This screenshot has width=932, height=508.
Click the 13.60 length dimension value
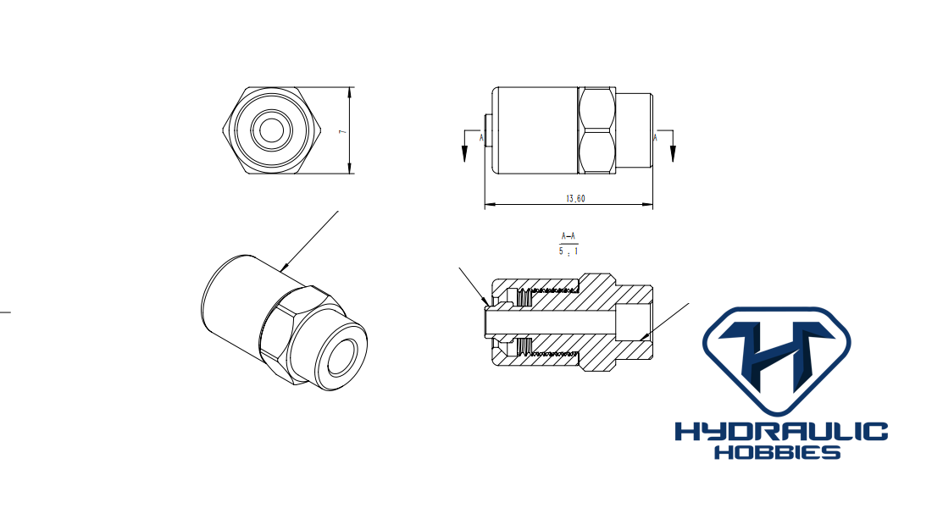575,198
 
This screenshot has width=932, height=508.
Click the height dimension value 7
341,131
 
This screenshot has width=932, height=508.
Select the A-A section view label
569,236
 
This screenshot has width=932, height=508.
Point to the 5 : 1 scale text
569,251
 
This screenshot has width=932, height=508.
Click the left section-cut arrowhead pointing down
464,154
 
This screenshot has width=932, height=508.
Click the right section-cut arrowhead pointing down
673,154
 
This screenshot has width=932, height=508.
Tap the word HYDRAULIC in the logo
781,432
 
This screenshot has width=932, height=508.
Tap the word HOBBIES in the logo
777,453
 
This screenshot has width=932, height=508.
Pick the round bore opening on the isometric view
341,356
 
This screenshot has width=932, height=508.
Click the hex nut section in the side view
596,130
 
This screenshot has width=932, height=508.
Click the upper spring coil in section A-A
524,295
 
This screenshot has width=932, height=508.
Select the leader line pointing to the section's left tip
474,286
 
